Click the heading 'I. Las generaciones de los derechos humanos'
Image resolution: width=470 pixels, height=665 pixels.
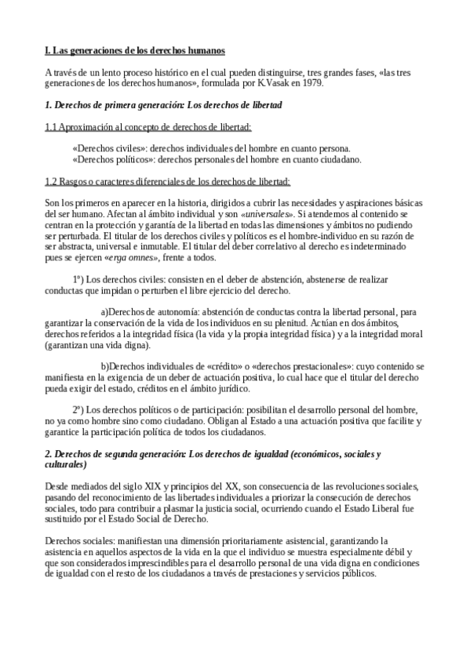(135, 50)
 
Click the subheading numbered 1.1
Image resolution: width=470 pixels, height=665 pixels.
(148, 126)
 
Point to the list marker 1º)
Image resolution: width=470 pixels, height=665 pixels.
(78, 279)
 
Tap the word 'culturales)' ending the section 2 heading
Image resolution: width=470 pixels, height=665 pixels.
(69, 464)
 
